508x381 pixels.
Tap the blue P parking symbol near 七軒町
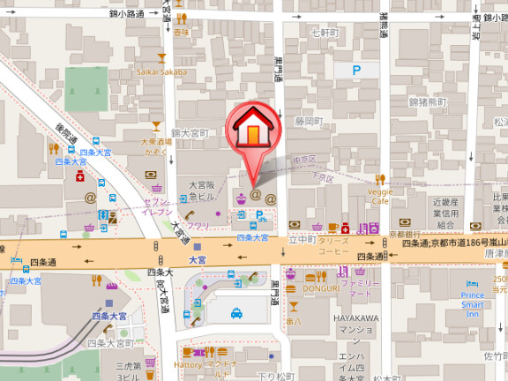[356, 69]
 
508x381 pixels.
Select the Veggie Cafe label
[380, 195]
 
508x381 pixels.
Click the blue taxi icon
[237, 312]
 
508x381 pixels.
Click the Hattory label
[188, 363]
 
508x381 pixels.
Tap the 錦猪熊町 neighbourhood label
[429, 102]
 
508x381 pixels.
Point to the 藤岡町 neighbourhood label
[309, 121]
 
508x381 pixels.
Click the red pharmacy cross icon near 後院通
[80, 177]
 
